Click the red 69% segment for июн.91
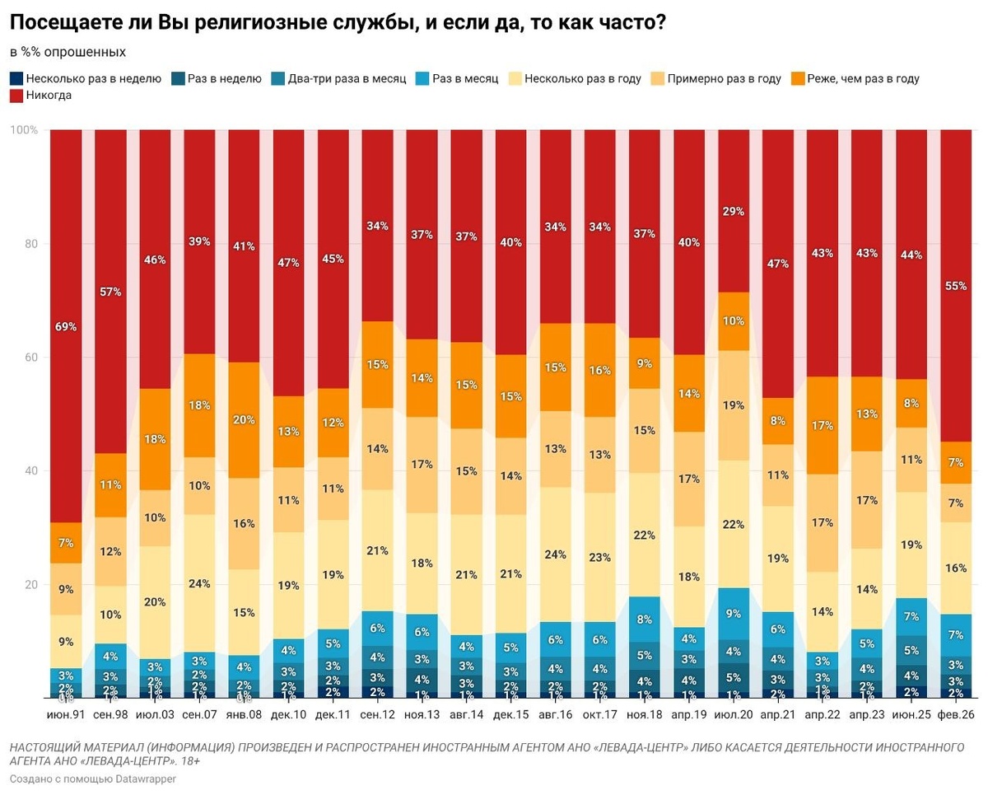click(x=66, y=326)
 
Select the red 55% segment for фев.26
click(x=955, y=286)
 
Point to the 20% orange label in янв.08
click(x=244, y=419)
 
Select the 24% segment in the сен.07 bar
click(x=199, y=584)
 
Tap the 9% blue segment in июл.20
click(x=733, y=613)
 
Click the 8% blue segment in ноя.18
click(x=644, y=619)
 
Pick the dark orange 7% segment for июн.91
click(x=66, y=542)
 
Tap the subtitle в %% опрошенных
click(x=68, y=52)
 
